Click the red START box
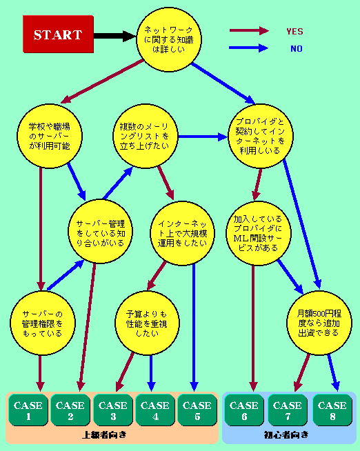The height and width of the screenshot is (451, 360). point(58,34)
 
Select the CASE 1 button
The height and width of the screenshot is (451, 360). point(28,410)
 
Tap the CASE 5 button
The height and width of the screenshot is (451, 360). point(197,410)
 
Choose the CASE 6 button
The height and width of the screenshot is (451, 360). point(244,410)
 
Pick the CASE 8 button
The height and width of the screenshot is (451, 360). point(332,410)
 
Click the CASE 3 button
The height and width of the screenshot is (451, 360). point(113,410)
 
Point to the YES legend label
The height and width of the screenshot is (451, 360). point(294,31)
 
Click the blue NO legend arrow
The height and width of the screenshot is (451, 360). point(249,48)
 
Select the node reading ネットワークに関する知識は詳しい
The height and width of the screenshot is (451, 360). point(169,39)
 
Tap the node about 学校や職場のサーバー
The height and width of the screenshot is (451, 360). point(50,136)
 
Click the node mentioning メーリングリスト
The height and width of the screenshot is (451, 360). point(145,136)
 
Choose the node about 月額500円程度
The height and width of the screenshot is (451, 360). point(319,323)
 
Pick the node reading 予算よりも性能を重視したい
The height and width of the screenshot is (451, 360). point(147,323)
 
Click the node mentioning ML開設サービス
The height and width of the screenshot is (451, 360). point(259,233)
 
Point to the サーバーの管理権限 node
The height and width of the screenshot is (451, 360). point(43,323)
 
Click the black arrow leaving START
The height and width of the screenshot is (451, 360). point(114,36)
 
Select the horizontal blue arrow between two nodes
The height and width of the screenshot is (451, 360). point(203,137)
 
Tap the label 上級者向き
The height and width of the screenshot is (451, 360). point(104,434)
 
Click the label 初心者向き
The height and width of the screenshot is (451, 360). point(286,434)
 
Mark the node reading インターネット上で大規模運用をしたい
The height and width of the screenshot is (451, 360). point(183,233)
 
